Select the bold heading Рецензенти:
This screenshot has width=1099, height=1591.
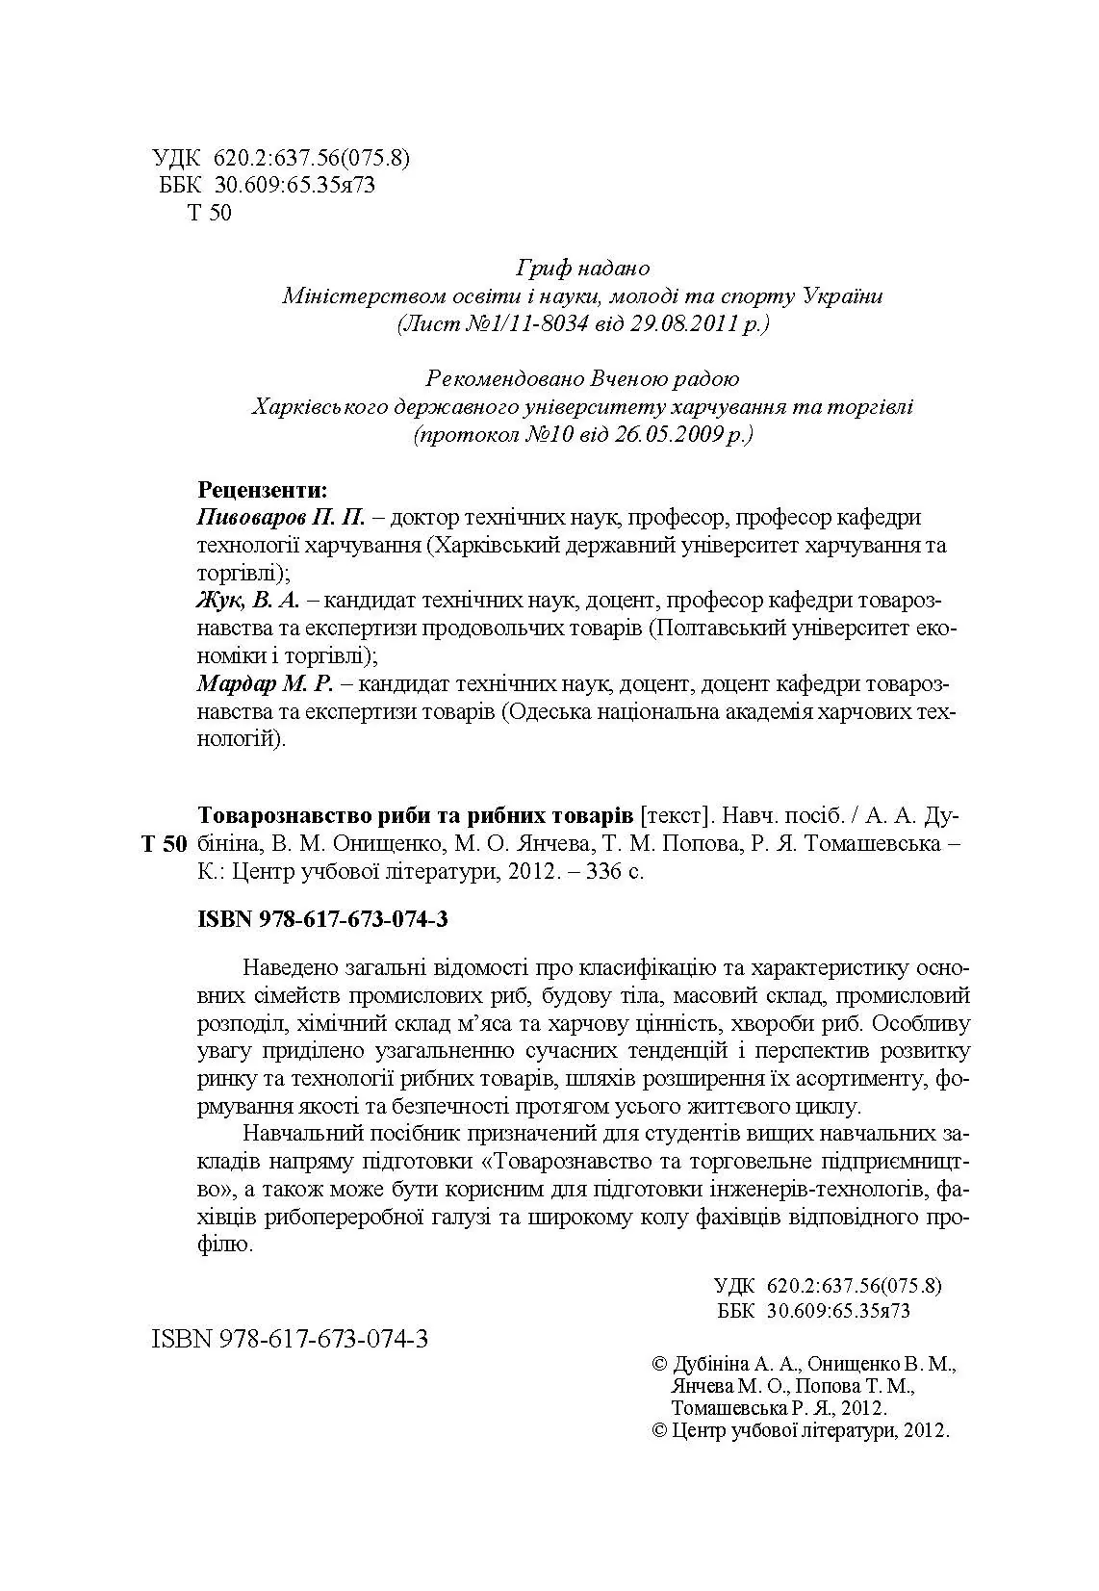[262, 489]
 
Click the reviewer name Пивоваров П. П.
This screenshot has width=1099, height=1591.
[282, 518]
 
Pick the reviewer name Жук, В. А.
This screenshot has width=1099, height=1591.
[248, 602]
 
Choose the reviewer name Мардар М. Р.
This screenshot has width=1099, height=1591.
[265, 685]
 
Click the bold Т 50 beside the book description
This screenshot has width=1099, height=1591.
[164, 845]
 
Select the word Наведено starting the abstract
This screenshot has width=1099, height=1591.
[291, 966]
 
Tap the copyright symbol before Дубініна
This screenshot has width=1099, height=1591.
[660, 1364]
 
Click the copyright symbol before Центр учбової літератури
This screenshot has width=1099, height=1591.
[660, 1429]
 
